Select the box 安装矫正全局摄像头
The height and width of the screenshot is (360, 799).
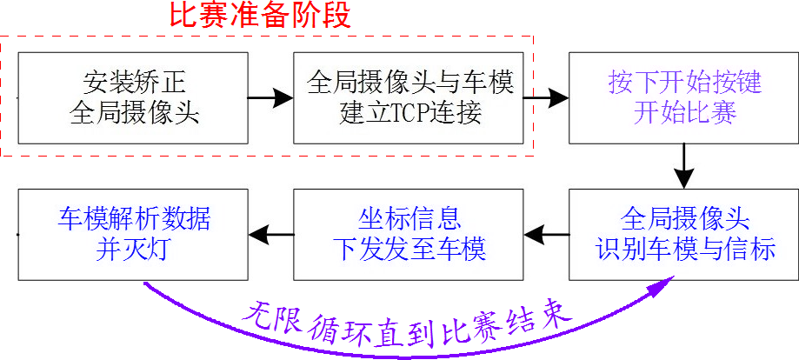(132, 98)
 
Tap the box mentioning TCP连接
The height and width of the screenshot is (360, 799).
(409, 98)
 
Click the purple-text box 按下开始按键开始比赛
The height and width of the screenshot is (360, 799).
(683, 98)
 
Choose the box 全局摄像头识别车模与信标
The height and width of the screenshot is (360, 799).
(683, 234)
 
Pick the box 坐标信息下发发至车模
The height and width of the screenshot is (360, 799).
(409, 234)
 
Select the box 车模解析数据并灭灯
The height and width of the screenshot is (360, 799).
(132, 234)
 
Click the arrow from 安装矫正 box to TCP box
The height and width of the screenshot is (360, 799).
(270, 97)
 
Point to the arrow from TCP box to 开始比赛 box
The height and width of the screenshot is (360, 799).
(546, 97)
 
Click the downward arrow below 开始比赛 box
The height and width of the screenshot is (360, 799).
(683, 166)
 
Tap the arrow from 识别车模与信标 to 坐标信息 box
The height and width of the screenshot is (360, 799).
(546, 233)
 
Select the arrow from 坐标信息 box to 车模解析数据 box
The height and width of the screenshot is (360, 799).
(270, 233)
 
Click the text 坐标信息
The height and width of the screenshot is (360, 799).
(409, 217)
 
